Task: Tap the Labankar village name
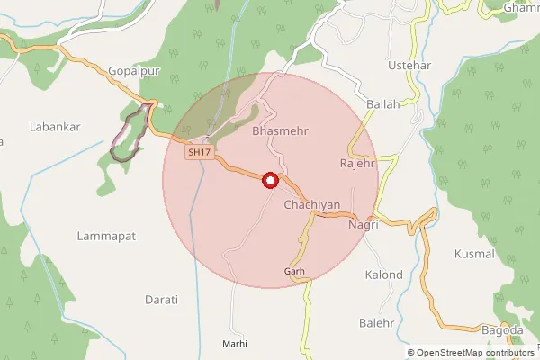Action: (x=55, y=127)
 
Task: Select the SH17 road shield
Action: (x=200, y=154)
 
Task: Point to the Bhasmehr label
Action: (x=281, y=131)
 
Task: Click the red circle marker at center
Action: (x=268, y=181)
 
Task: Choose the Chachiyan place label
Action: (x=311, y=205)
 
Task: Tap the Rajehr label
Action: (x=356, y=164)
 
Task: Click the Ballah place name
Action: (x=382, y=104)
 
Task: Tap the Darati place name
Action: (x=162, y=299)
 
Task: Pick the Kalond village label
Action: (x=383, y=274)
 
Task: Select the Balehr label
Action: (x=377, y=322)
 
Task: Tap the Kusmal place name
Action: (x=475, y=254)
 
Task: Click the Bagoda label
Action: (x=503, y=330)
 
